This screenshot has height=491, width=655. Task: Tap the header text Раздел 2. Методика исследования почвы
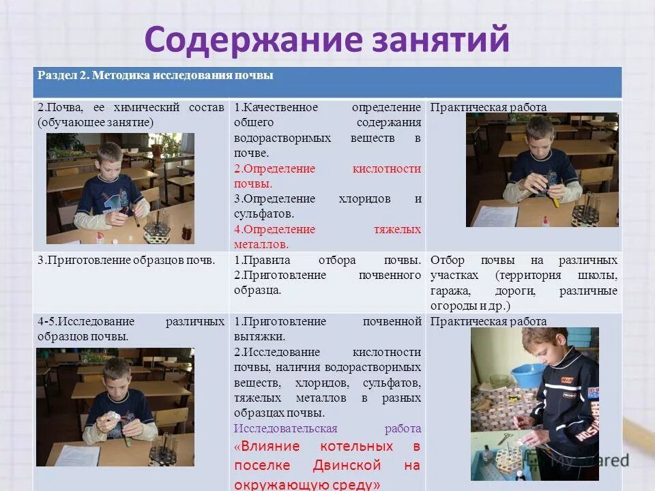pos(156,76)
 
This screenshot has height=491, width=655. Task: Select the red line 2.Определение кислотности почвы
pos(327,176)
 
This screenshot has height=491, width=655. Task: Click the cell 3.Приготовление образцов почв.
pos(127,260)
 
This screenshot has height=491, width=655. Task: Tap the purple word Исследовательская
pos(285,428)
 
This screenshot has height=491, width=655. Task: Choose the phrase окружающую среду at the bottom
pos(307,484)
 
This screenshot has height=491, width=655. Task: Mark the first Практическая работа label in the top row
pos(488,108)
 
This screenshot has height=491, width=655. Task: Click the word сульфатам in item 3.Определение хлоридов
pos(259,213)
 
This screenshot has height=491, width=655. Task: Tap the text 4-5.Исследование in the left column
pos(87,321)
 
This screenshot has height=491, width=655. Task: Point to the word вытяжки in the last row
pos(259,336)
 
